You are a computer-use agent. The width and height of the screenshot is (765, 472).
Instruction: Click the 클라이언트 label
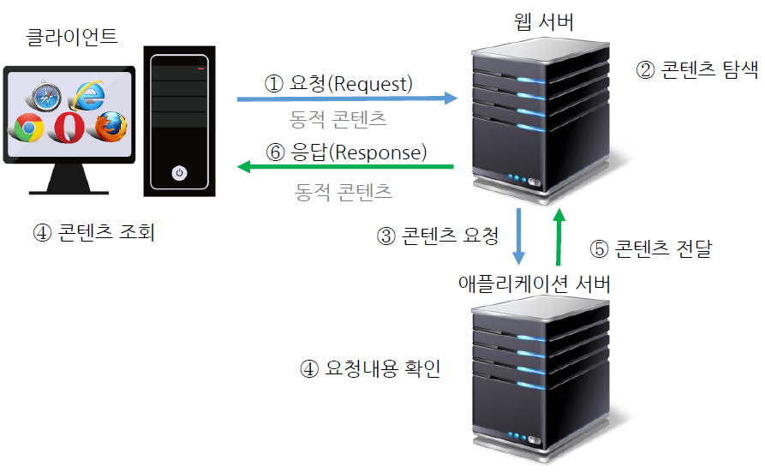point(72,37)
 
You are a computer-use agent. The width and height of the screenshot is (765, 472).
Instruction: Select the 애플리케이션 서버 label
point(535,284)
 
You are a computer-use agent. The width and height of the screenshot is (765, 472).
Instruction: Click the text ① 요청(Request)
point(338,84)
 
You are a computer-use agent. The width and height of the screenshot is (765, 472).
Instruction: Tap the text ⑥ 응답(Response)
point(345,152)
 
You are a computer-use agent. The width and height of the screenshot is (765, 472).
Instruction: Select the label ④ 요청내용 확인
point(370,369)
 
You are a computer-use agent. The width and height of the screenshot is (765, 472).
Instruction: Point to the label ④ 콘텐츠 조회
point(94,232)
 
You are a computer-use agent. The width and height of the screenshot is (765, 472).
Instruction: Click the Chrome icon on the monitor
point(27,128)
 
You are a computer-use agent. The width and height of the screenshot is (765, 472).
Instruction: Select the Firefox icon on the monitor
point(111,125)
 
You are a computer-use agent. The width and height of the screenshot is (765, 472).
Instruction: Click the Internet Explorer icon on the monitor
point(85,94)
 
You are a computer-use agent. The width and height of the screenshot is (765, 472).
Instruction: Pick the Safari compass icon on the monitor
point(42,96)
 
